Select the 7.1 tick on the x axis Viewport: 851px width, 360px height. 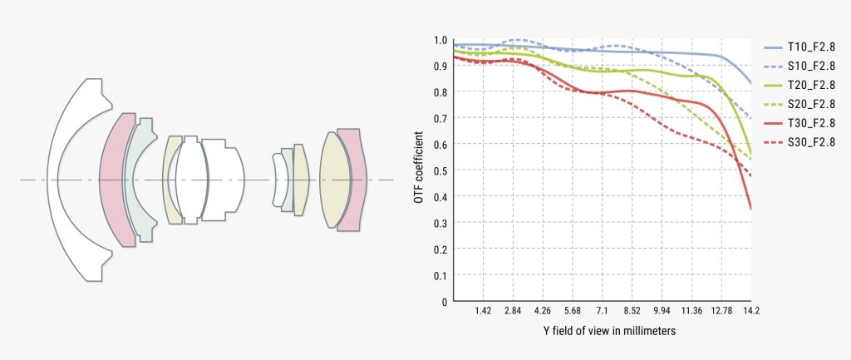(601, 310)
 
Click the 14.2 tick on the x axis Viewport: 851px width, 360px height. (750, 310)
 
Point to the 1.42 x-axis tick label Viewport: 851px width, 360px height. (483, 310)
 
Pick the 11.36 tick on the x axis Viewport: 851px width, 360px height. (691, 310)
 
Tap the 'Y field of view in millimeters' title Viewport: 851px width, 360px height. (604, 331)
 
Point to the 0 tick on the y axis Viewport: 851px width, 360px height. (445, 301)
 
